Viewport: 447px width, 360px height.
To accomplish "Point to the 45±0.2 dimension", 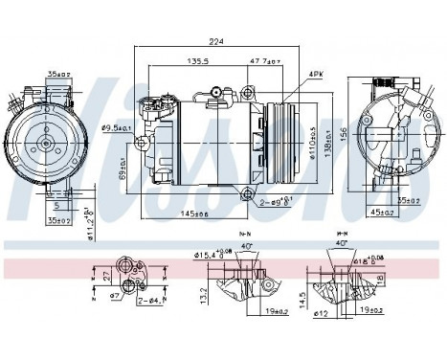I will tap(384, 213).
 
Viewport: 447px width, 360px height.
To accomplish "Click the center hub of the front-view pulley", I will tap(44, 144).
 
